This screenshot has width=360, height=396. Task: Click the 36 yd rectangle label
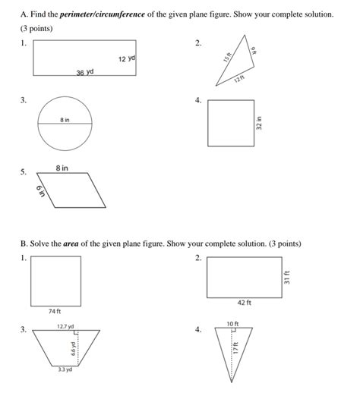coord(84,72)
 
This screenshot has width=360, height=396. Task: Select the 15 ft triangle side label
coord(227,58)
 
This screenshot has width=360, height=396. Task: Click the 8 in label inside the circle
coord(66,119)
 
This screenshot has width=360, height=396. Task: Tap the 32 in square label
coord(259,123)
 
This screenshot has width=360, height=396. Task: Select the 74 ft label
coord(54,311)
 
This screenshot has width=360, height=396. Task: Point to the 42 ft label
coord(244,303)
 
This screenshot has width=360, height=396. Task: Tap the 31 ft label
coord(286,277)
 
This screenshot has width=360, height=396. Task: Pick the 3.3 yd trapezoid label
coord(65,369)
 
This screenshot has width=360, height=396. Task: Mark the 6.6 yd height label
coord(73,348)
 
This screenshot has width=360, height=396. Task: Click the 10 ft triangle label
coord(232,324)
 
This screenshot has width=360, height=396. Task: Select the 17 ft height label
coord(236,347)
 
